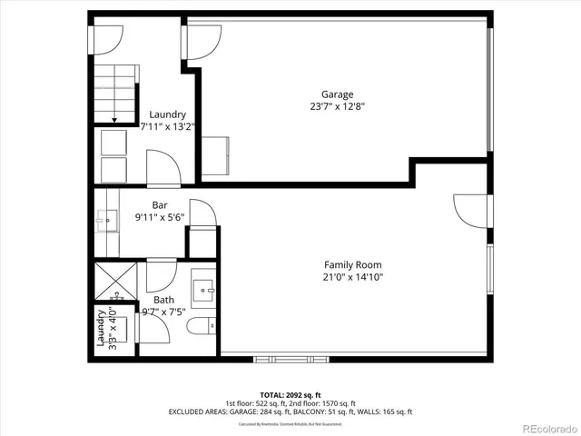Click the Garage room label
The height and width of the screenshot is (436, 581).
(x=337, y=94)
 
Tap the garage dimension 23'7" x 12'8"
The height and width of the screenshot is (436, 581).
(x=337, y=106)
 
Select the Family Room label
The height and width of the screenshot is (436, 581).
(x=352, y=265)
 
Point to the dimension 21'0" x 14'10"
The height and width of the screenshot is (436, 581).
(x=352, y=278)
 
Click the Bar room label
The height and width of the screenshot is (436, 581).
(x=160, y=205)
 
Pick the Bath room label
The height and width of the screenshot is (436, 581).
(x=163, y=300)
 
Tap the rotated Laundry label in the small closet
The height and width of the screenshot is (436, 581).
(x=101, y=329)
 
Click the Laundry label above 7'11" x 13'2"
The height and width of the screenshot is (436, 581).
(x=168, y=114)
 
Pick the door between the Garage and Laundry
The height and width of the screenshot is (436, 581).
(x=202, y=38)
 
